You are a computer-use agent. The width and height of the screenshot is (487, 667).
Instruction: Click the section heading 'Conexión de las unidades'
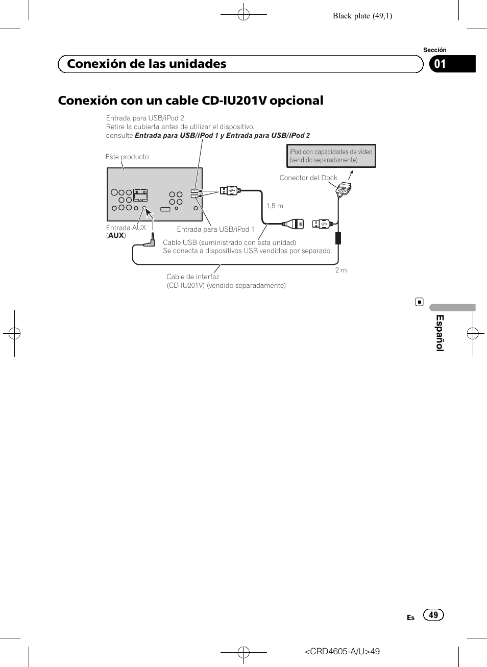click(147, 64)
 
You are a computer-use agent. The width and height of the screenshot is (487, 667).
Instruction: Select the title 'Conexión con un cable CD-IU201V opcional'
click(190, 101)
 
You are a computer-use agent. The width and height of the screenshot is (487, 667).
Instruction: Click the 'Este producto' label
click(127, 157)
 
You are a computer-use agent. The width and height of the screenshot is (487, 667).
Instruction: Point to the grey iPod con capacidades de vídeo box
click(331, 156)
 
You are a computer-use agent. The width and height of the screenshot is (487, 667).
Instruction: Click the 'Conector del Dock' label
click(308, 178)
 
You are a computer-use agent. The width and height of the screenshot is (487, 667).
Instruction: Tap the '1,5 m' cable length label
click(275, 206)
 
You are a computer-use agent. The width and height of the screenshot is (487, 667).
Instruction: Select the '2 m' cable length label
click(340, 270)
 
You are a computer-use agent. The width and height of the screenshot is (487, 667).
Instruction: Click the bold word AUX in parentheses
click(116, 235)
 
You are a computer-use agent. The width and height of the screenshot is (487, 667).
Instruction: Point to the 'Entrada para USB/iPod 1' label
click(215, 229)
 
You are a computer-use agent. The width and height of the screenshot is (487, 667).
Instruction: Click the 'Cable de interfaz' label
click(192, 277)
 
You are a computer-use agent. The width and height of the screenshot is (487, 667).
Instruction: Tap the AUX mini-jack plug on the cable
click(151, 240)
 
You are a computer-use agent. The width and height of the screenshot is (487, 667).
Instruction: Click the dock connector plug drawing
click(344, 189)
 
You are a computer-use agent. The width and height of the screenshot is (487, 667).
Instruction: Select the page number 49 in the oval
click(433, 615)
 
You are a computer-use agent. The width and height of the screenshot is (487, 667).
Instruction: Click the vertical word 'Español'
click(440, 333)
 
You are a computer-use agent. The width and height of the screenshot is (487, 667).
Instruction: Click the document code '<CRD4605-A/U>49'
click(342, 651)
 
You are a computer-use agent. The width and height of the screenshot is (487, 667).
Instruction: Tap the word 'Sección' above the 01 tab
click(434, 50)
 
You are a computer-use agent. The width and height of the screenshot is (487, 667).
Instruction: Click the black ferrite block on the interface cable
click(338, 238)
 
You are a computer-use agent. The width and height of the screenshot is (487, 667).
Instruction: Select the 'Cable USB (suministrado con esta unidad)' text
click(229, 242)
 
